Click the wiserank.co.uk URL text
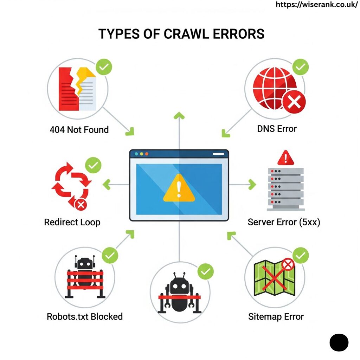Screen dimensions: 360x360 316,5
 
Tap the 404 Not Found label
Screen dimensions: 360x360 79,130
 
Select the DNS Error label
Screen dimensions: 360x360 277,129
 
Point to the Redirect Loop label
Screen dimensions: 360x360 72,222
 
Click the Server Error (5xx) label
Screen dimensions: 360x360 284,222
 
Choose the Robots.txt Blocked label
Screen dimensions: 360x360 85,317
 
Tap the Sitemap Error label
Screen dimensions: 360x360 276,317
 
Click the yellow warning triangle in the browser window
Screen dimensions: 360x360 179,188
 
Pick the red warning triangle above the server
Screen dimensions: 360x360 285,158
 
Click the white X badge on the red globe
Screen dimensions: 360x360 294,102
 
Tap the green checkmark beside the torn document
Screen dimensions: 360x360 104,67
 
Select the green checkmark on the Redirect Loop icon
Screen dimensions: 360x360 93,165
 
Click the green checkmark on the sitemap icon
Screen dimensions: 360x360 301,255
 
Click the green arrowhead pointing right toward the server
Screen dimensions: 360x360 252,184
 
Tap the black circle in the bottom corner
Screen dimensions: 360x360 339,342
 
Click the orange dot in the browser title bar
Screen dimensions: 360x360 147,154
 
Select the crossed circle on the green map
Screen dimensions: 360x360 288,264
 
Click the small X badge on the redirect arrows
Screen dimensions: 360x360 81,205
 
